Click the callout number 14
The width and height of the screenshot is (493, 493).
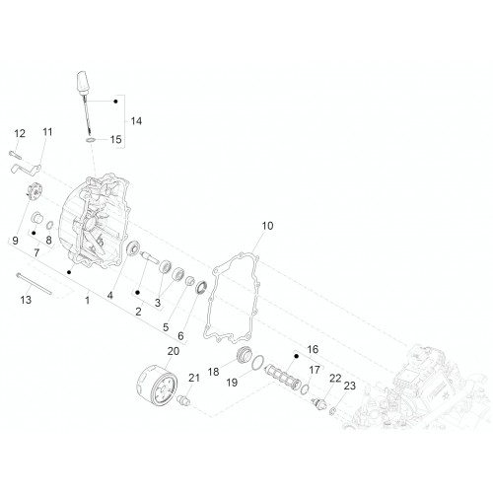coord(136,121)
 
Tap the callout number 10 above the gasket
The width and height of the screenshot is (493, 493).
coord(267,226)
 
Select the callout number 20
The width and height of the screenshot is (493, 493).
coord(174,351)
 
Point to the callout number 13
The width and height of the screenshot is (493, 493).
coord(26,300)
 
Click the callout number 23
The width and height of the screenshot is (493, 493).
coord(350,386)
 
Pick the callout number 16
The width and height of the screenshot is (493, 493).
coord(313,349)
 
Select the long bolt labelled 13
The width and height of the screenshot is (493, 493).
coord(34,284)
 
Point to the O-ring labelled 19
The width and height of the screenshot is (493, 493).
coord(258,362)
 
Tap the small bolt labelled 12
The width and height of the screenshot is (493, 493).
coord(15,155)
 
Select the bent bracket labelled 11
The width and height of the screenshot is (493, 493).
coord(26,169)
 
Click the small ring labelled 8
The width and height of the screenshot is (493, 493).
coord(50,225)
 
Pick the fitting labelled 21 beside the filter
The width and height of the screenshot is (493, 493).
coord(183,400)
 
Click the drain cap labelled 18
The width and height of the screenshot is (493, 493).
coord(245,355)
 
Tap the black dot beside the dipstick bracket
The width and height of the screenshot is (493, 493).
coord(115,102)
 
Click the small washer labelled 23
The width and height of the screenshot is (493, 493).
coord(332,410)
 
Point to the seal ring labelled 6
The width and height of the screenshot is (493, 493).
coord(201,287)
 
